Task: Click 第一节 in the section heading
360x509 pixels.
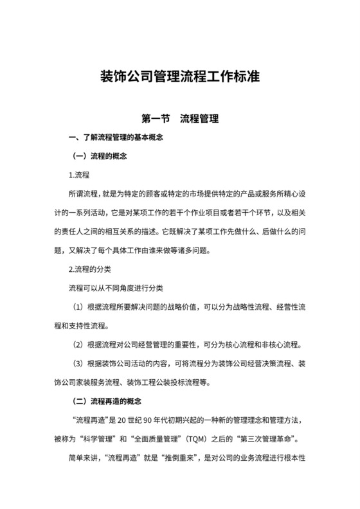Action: coord(155,119)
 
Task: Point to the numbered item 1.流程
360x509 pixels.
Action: coord(78,175)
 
